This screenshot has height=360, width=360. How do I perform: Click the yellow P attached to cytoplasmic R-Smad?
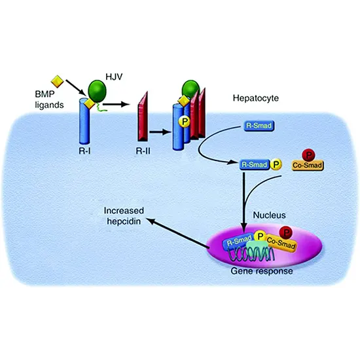point(276,166)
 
